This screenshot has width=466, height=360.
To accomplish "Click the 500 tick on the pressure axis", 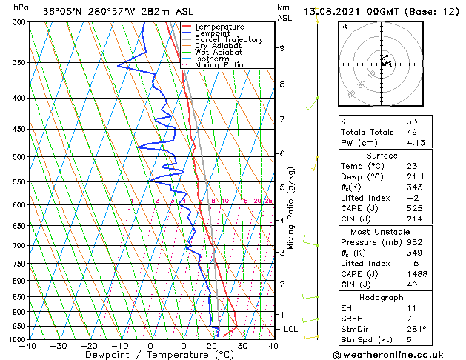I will tap(19, 157).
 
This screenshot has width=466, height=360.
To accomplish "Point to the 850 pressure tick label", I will tap(19, 297).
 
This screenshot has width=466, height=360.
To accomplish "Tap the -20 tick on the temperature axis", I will tap(88, 345).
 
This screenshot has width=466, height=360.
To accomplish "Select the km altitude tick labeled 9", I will tap(282, 48).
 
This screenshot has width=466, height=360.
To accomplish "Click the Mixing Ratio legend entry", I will tap(219, 65).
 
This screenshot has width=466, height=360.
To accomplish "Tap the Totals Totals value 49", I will tap(411, 132).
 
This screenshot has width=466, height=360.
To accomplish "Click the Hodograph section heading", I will tap(382, 297).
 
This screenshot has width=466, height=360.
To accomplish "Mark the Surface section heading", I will tap(382, 156).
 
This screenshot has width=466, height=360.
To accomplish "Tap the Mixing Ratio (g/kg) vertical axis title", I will tap(292, 208).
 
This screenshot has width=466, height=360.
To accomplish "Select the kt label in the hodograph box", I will tap(344, 26).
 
